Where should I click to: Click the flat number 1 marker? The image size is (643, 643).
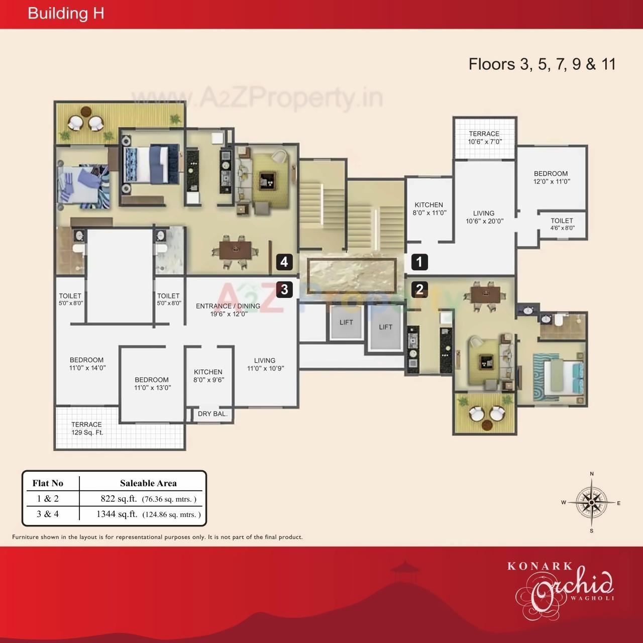coord(419,262)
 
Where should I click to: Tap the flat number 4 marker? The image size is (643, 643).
coord(284,262)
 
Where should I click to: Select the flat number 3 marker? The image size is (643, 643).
coord(284,289)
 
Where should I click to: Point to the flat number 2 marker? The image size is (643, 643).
coord(419,289)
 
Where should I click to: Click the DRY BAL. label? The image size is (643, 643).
coord(212,414)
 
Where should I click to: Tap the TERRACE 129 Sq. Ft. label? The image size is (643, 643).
coord(86,428)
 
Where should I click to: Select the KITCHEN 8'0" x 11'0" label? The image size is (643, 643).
coord(428,208)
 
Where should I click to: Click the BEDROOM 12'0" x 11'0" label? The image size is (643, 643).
coord(551,177)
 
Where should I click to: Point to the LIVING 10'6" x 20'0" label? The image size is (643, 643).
coord(484,217)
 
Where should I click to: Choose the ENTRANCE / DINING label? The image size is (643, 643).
coord(228,310)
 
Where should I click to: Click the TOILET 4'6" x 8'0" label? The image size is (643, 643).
coord(562,224)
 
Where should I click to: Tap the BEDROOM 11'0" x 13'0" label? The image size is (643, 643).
coord(152,384)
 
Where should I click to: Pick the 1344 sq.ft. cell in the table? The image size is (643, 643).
coord(148,514)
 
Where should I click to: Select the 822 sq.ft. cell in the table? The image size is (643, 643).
coord(148,499)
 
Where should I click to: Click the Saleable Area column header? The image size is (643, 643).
coord(148,483)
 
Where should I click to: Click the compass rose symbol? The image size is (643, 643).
coord(592,502)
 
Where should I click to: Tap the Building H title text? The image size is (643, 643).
coord(66,14)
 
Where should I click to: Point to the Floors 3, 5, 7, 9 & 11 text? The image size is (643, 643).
coord(542,64)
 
